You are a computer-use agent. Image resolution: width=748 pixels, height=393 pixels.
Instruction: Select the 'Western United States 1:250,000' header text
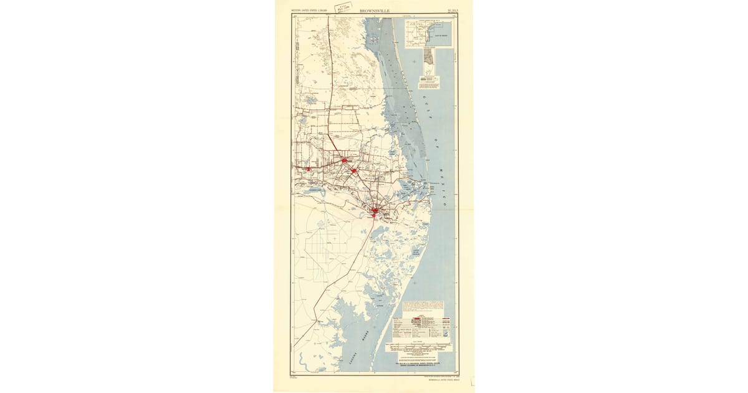click(310, 11)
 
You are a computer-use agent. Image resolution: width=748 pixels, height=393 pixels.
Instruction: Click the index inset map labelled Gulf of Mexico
click(428, 34)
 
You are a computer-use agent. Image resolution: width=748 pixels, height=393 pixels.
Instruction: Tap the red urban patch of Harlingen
click(344, 160)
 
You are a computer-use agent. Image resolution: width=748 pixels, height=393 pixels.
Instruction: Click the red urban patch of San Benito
click(353, 170)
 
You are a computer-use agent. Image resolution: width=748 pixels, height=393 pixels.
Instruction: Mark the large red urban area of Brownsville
click(375, 212)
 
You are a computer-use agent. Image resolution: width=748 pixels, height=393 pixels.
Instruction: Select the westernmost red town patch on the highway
click(308, 168)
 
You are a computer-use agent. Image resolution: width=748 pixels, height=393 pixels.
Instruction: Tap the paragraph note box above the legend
click(423, 307)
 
